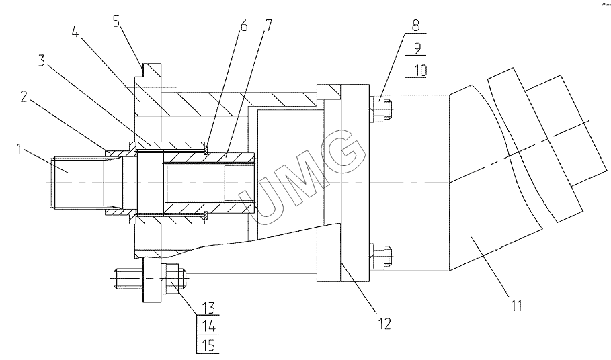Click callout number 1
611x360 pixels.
coord(19,149)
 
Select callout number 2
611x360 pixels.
coord(24,97)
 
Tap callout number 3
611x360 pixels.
coord(42,60)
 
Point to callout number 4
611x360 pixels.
coord(75,32)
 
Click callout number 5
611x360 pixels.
coord(117,21)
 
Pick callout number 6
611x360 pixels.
coord(243,26)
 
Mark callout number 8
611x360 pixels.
coord(416,26)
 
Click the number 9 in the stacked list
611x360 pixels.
coord(417,48)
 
